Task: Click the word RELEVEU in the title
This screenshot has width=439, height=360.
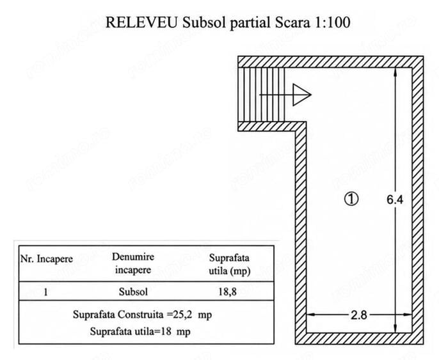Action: coord(141,22)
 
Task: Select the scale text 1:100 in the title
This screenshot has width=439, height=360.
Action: coord(333,22)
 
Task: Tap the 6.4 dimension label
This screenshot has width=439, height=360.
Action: coord(395,200)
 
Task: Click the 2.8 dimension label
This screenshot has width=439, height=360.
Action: coord(358,315)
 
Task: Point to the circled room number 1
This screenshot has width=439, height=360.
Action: coord(351,199)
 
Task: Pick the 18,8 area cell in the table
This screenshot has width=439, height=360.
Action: coord(227,292)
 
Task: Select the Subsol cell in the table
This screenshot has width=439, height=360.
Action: coord(133,292)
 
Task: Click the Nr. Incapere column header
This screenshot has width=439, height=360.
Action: coord(47,259)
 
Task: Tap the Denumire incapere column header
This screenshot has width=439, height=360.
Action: coord(133,263)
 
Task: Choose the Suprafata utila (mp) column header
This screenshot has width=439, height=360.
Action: coord(229,264)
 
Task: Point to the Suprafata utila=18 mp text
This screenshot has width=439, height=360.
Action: coord(140,332)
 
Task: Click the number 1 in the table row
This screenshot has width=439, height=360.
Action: coord(45,292)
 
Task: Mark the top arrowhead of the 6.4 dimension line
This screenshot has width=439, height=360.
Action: coord(395,72)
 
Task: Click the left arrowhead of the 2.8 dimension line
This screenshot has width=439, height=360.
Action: coord(311,315)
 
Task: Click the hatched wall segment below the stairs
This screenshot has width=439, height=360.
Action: coord(269,127)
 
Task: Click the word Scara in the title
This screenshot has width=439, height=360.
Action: coord(293,22)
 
